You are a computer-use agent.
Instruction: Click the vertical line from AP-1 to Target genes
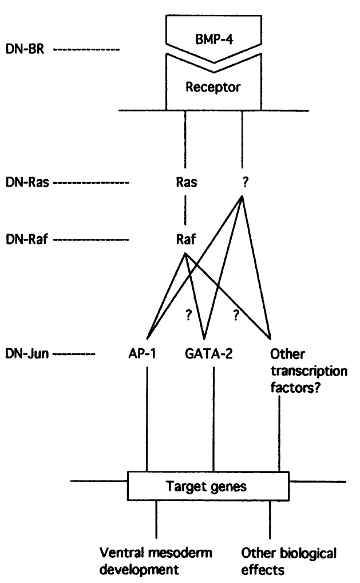[148, 418]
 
